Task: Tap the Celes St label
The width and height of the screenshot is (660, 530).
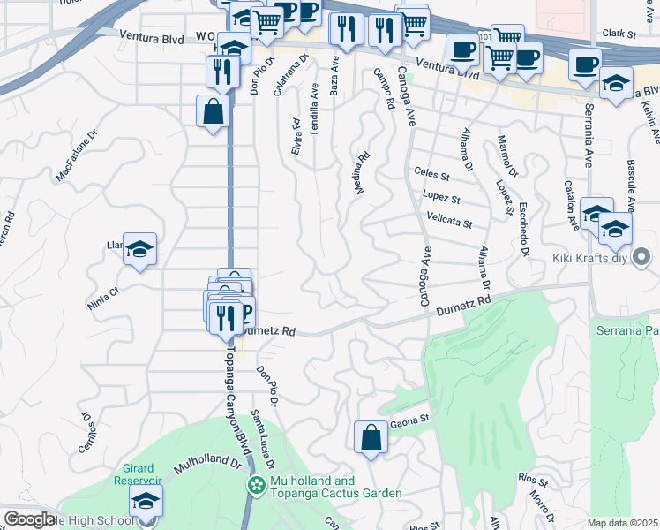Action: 432,175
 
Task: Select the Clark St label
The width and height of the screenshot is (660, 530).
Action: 619,34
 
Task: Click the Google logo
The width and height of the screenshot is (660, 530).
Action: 29,519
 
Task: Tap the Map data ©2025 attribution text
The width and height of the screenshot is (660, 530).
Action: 622,522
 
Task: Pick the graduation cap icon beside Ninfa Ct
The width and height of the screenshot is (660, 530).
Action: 139,251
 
